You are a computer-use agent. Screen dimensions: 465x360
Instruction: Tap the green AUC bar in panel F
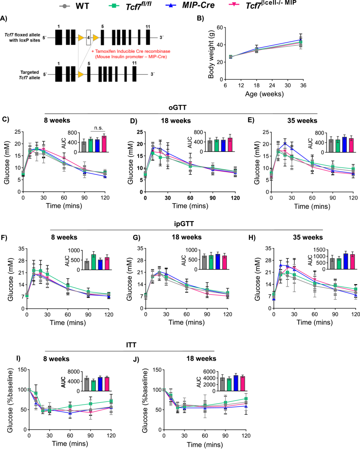coord(93,260)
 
